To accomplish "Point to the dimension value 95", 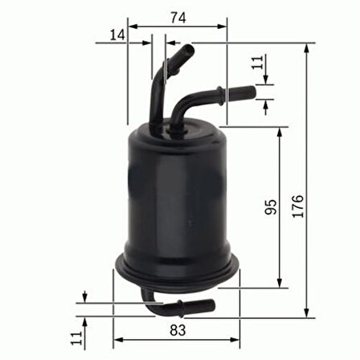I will [x=271, y=207].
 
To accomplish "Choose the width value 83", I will [x=178, y=329].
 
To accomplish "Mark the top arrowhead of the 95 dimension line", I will [x=280, y=131].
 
